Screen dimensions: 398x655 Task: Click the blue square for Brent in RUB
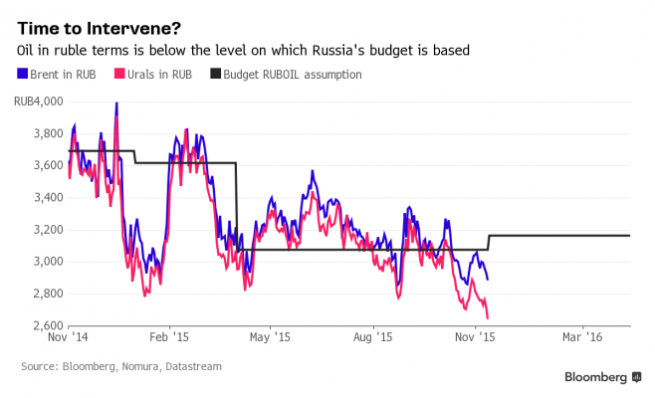tap(23, 75)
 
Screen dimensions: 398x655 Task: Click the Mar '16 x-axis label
tap(581, 338)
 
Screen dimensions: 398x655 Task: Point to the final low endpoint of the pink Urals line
tap(488, 318)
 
